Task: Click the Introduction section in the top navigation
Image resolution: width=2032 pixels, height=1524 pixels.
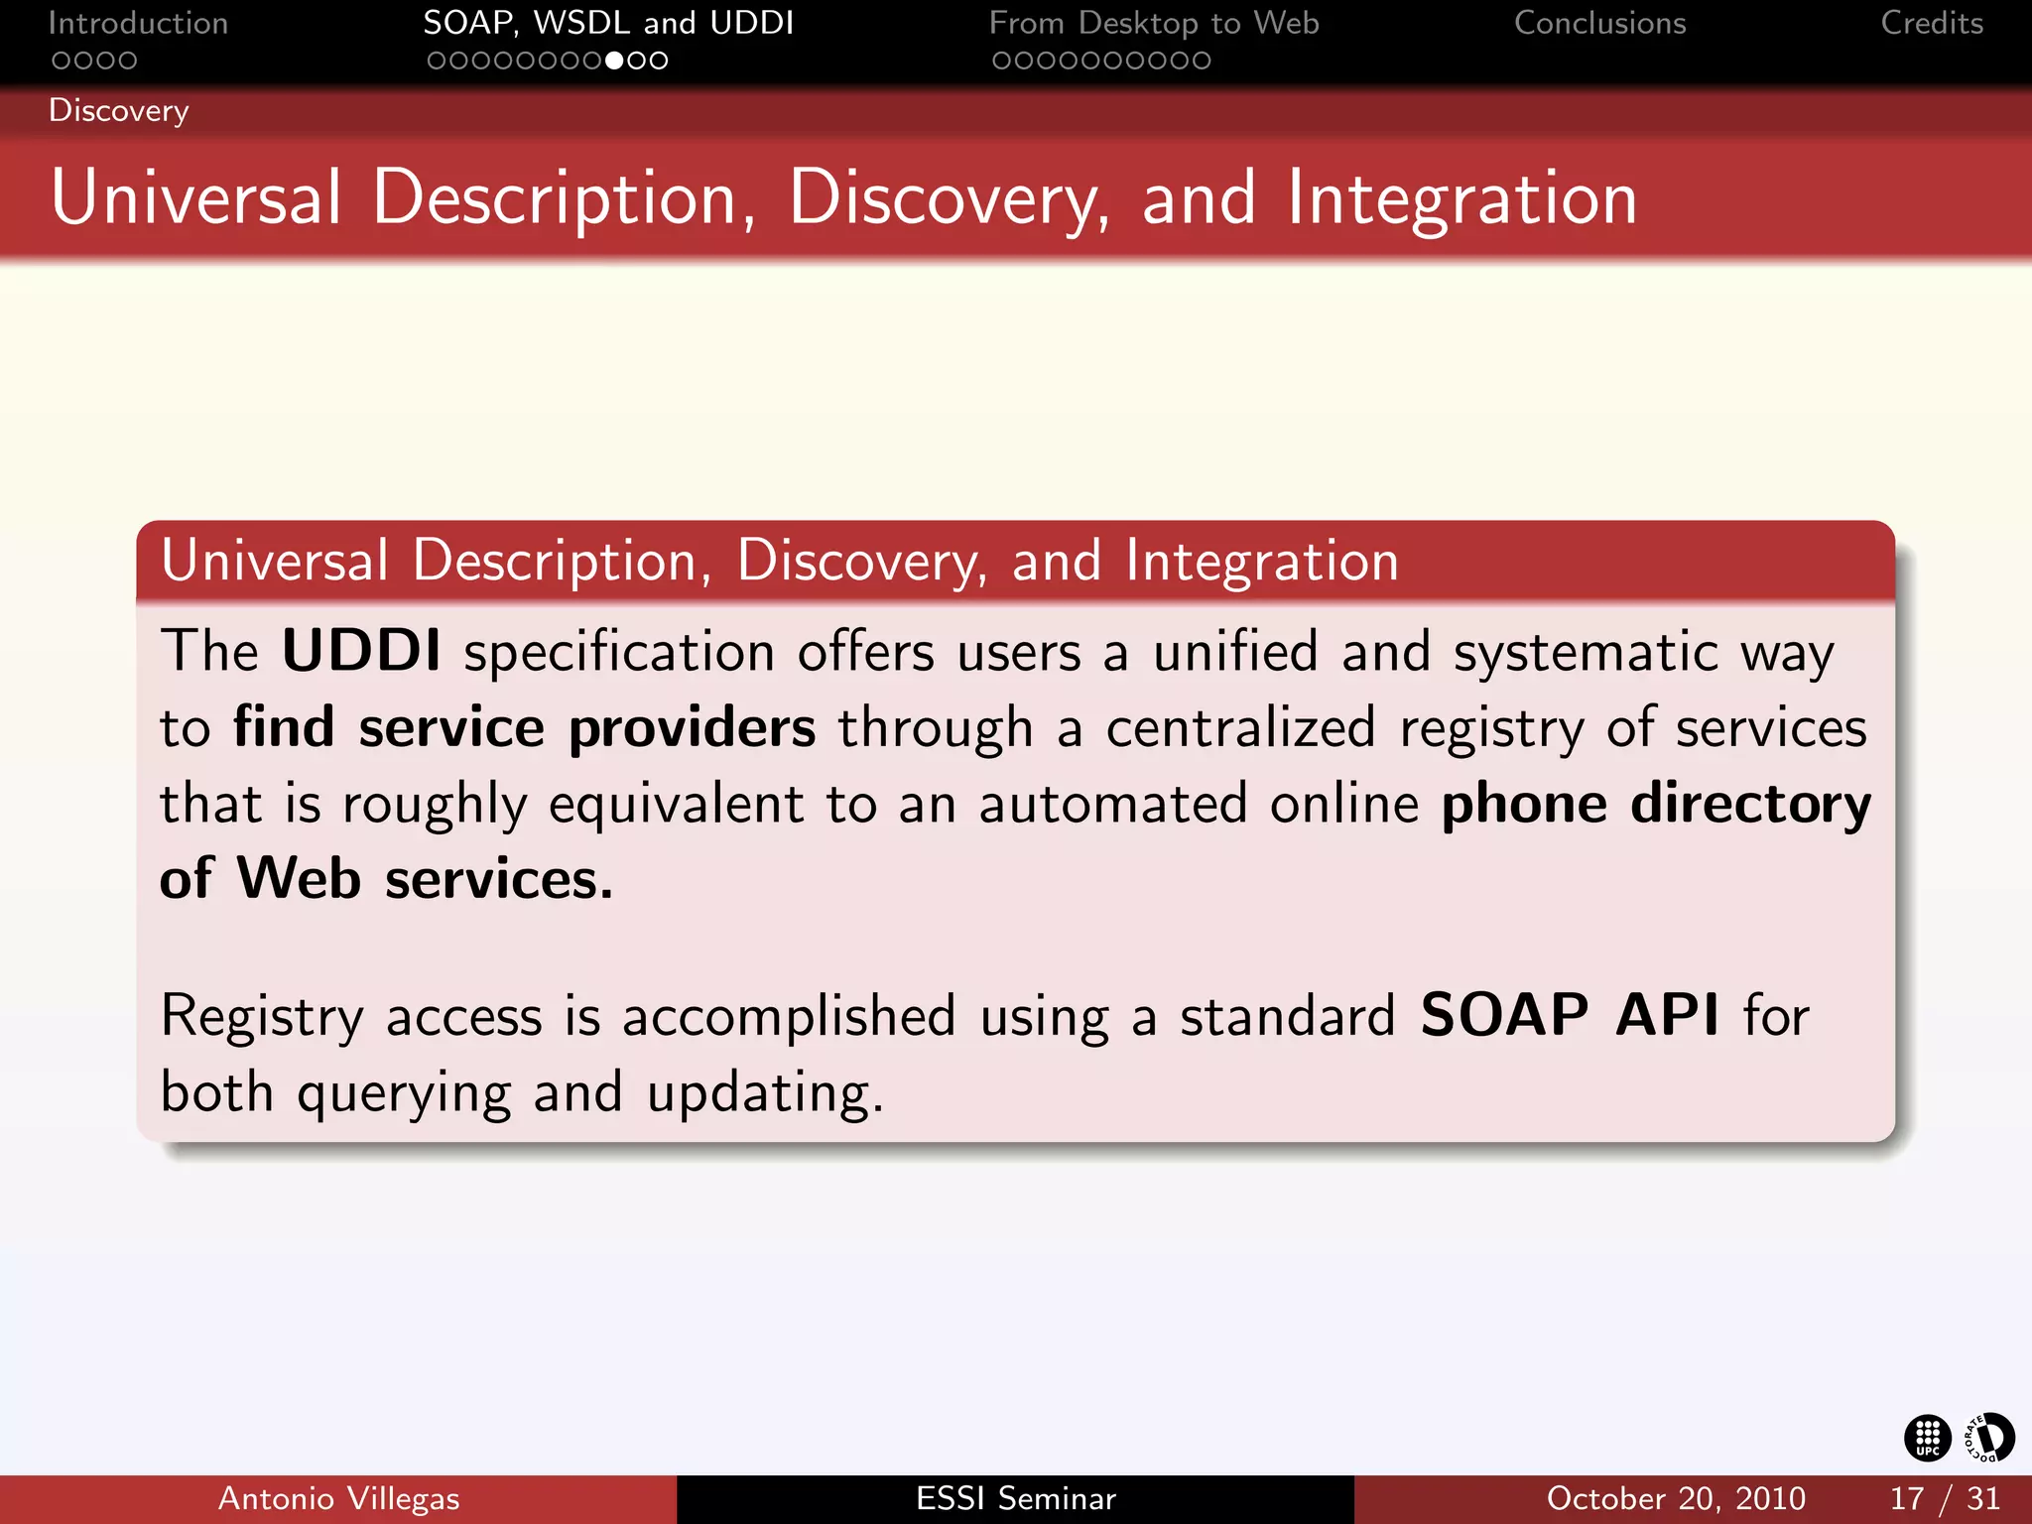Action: (x=138, y=23)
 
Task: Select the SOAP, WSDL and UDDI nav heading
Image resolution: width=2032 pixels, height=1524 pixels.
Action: (x=608, y=23)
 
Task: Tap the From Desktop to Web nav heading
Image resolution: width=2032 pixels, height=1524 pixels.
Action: (x=1153, y=23)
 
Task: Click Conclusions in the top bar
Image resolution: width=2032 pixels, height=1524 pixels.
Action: (x=1599, y=23)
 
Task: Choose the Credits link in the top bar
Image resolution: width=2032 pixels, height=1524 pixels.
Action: (x=1931, y=23)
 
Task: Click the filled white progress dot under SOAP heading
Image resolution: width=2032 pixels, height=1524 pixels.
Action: (x=614, y=61)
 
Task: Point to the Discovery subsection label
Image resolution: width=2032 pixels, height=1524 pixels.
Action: (x=118, y=110)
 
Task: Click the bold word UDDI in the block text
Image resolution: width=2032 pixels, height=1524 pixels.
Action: (x=361, y=652)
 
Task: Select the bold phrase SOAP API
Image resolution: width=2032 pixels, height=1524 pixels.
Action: (x=1569, y=1016)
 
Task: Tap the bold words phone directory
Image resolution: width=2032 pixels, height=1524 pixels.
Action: (x=1655, y=804)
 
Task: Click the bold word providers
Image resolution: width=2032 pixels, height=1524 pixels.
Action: (x=692, y=728)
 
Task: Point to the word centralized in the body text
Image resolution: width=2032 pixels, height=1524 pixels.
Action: (x=1240, y=728)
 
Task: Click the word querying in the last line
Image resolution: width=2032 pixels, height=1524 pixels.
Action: (x=404, y=1094)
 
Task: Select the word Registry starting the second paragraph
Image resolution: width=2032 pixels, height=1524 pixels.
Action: (x=262, y=1018)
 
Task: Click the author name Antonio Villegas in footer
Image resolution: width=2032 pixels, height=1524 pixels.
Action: (x=338, y=1498)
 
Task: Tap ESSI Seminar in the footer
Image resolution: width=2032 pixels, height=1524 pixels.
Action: (x=1015, y=1498)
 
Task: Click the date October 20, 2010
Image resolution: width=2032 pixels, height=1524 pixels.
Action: (x=1675, y=1498)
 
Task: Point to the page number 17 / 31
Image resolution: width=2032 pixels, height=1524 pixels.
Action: (x=1944, y=1498)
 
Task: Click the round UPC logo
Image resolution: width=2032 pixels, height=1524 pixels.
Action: (x=1927, y=1438)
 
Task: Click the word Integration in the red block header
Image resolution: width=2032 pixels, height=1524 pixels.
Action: (x=1261, y=562)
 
